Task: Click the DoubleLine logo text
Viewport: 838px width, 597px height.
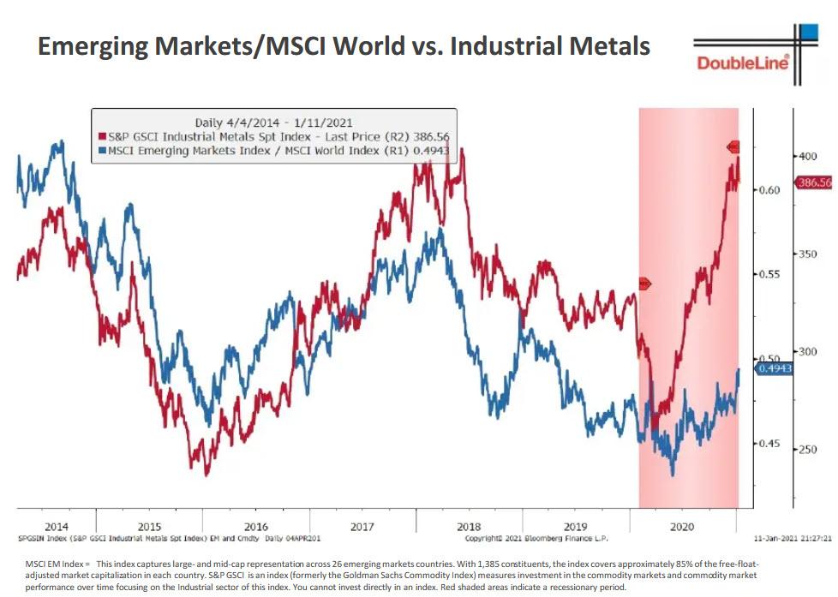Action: click(x=741, y=63)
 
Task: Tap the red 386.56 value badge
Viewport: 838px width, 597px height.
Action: click(x=813, y=182)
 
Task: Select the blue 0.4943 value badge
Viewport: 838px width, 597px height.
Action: click(x=774, y=368)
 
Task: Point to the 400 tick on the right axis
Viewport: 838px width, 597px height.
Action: click(x=807, y=156)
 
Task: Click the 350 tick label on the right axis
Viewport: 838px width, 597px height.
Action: click(x=807, y=254)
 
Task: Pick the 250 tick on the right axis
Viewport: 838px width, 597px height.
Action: click(x=807, y=449)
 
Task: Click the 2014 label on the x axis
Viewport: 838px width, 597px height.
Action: click(x=56, y=527)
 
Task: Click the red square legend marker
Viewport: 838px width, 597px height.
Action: click(x=101, y=136)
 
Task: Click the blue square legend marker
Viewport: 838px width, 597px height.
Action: click(x=101, y=150)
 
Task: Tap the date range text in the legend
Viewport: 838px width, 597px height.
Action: click(x=274, y=122)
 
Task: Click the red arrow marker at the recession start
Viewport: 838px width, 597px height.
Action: click(x=644, y=284)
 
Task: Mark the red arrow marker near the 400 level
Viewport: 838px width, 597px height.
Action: click(x=733, y=146)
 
